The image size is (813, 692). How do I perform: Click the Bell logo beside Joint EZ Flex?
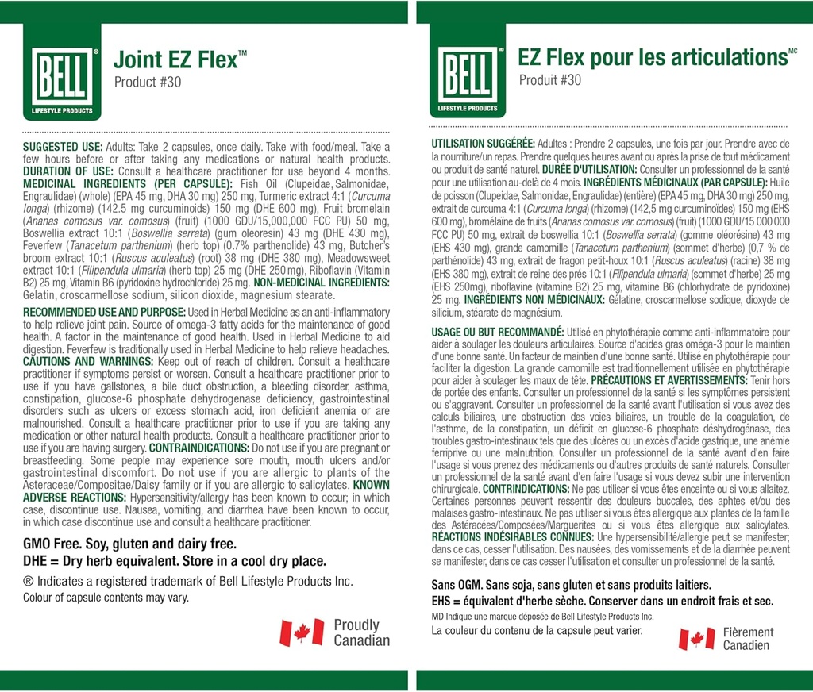coord(62,79)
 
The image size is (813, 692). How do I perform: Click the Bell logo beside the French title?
coord(468,79)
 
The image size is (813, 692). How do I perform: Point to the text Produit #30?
coord(550,80)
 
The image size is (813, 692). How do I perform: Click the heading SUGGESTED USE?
coord(63,148)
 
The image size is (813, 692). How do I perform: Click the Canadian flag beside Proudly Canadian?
coord(302,633)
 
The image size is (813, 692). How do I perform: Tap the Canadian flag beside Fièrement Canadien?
coord(696,639)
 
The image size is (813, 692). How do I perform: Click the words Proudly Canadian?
coord(361,633)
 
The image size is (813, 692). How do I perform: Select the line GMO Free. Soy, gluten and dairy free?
coord(129,544)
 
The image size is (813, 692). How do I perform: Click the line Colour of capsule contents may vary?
coord(106,598)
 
